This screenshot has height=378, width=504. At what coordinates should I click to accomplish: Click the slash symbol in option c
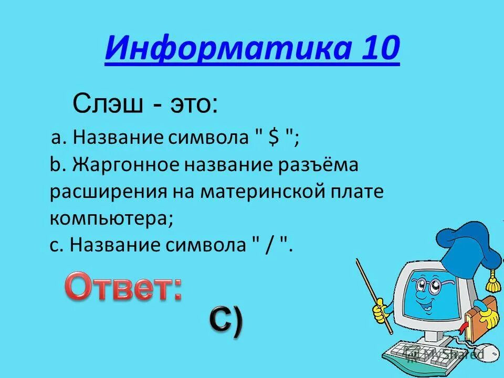coord(269,245)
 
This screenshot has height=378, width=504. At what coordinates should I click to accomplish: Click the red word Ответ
coord(124,288)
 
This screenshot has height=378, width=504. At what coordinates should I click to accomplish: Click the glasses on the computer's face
coord(426,287)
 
